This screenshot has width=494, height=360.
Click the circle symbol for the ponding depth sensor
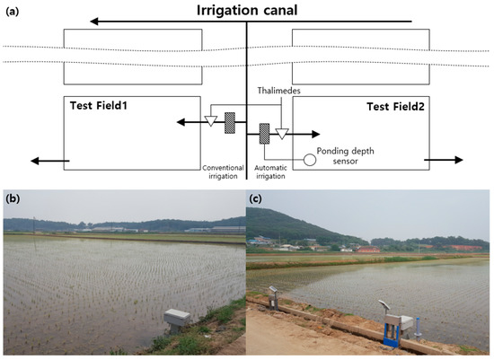click(x=309, y=160)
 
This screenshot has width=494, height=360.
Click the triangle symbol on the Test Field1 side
click(x=210, y=121)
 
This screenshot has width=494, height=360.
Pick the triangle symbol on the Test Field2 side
click(x=282, y=134)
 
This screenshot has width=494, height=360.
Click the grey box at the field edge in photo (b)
click(x=181, y=319)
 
